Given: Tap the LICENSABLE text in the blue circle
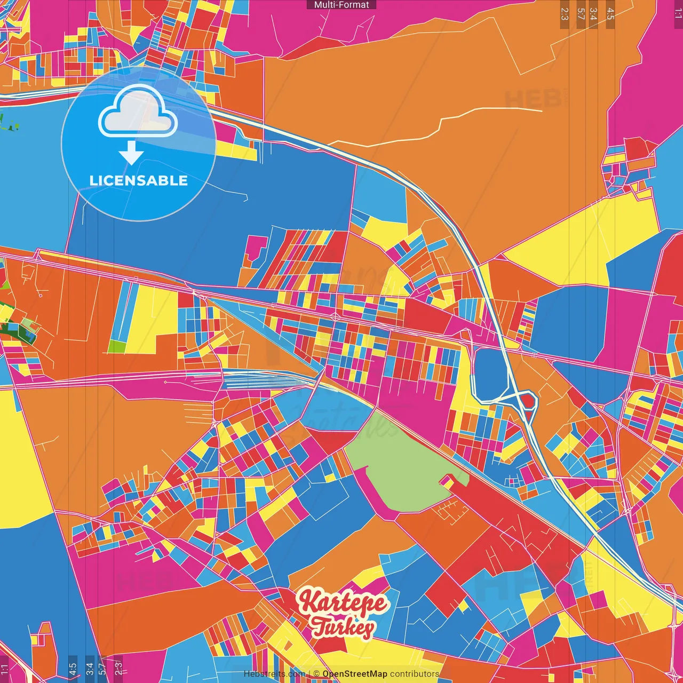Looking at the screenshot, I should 139,180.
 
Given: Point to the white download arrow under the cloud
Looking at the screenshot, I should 131,153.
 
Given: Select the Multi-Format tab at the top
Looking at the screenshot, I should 341,5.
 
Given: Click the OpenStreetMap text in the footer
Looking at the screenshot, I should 354,674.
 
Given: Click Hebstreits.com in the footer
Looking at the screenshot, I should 274,674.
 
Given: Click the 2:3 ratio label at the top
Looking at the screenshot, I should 565,14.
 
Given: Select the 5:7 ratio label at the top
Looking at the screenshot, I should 581,14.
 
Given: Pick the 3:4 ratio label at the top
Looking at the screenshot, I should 593,14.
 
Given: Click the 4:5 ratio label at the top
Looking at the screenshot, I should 610,14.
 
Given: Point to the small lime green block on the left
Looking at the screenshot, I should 116,346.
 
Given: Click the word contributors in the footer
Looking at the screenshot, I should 414,674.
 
